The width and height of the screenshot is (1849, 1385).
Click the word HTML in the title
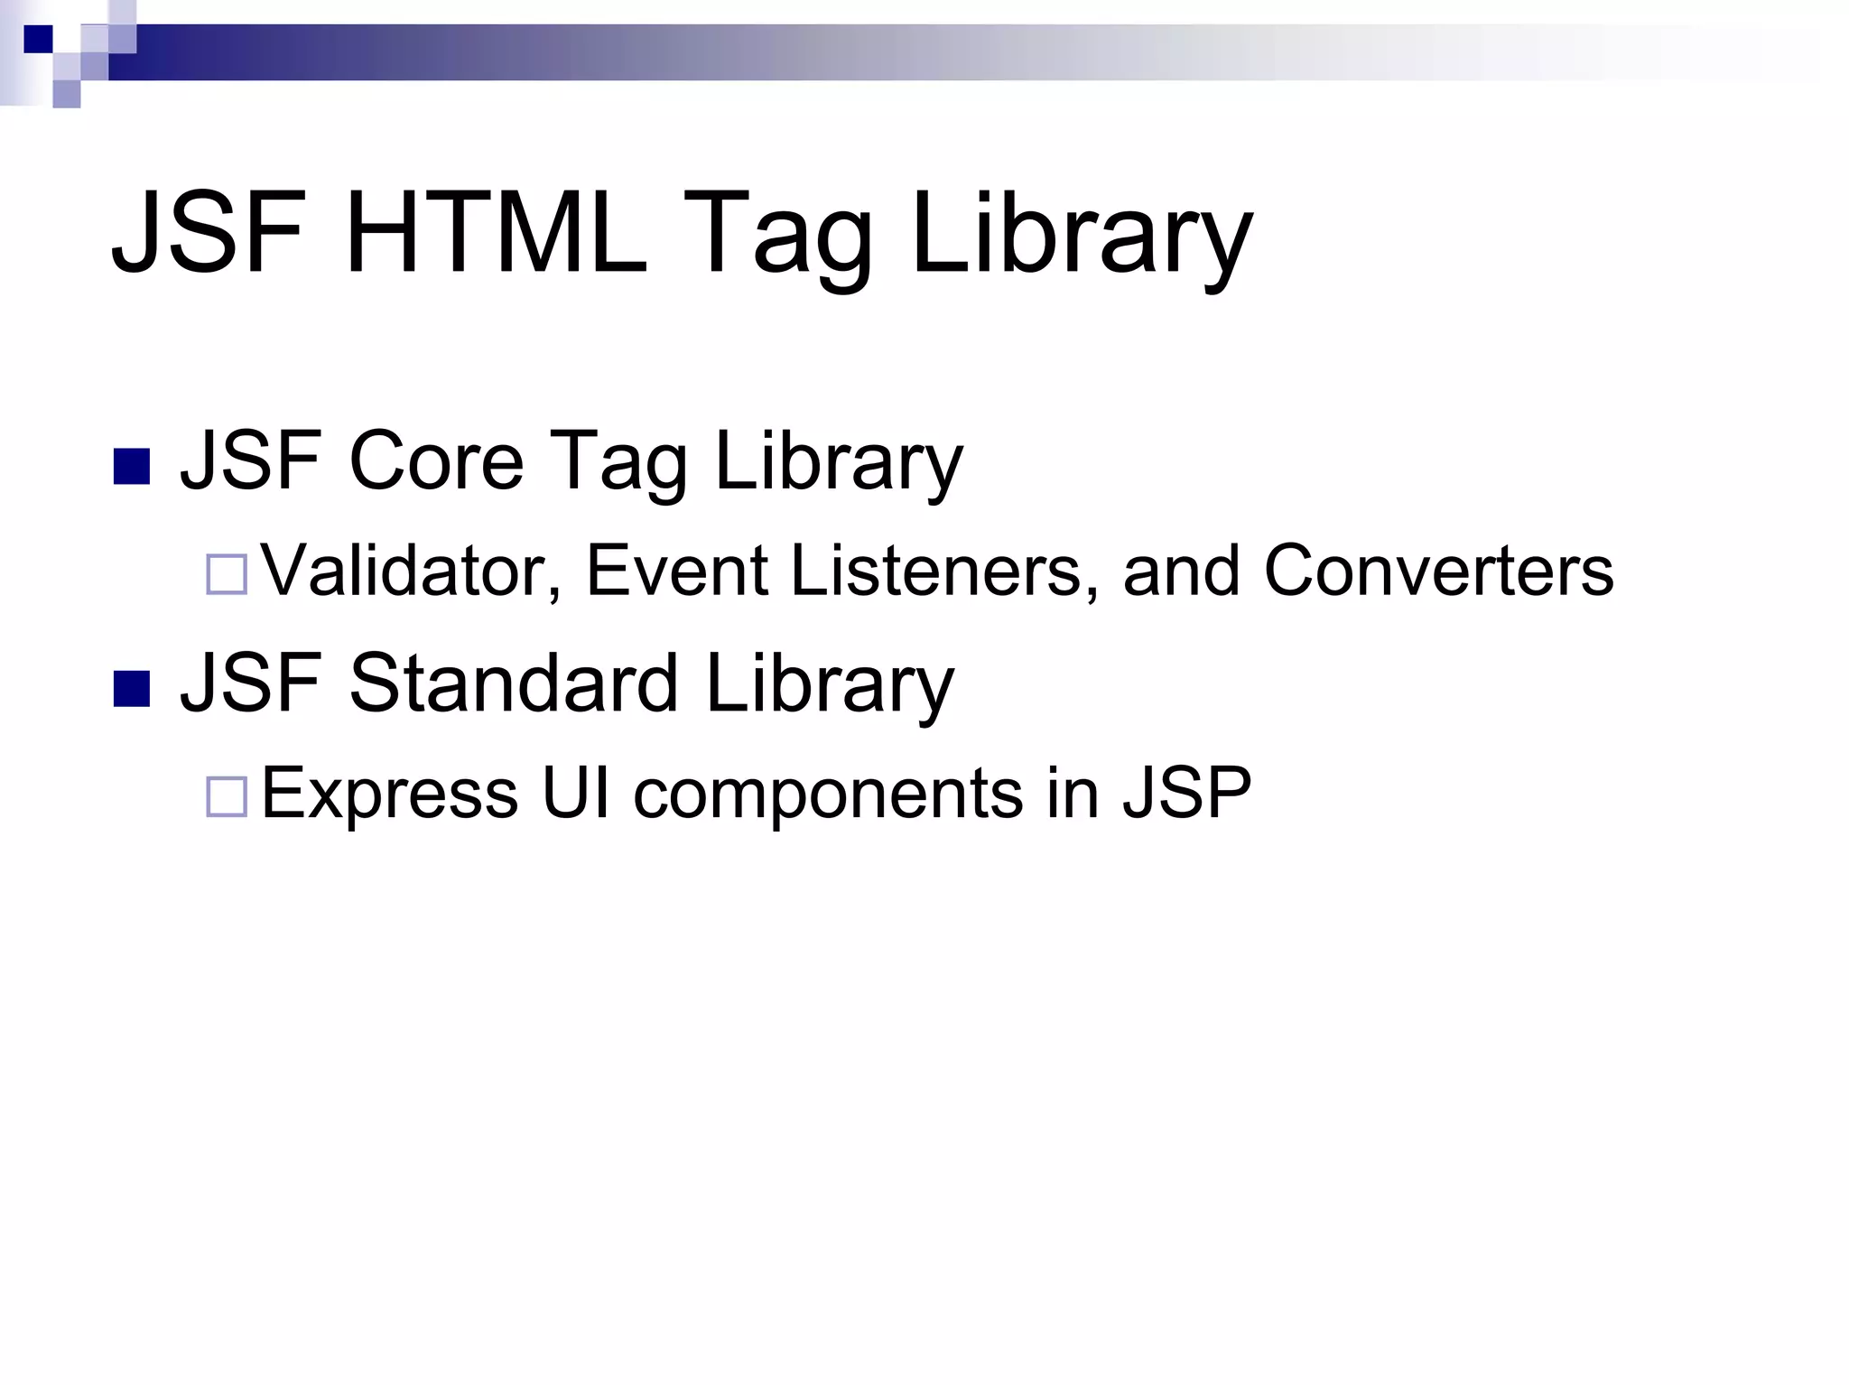coord(496,232)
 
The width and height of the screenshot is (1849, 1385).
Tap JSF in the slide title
coord(208,232)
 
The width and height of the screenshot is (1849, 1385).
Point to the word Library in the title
coord(1082,237)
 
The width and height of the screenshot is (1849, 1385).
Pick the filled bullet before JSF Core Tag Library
coord(132,466)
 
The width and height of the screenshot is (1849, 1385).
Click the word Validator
coord(412,571)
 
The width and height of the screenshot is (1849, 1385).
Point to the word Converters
coord(1438,571)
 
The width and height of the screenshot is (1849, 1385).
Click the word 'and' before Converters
coord(1182,571)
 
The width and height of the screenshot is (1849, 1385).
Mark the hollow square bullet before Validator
coord(227,574)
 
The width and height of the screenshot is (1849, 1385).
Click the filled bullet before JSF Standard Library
coord(132,688)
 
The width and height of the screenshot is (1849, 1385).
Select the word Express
coord(389,793)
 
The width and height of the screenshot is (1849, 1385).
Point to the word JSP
coord(1186,793)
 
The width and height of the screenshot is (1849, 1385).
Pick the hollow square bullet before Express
coord(227,796)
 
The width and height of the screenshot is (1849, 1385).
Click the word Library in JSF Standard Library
coord(829,684)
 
